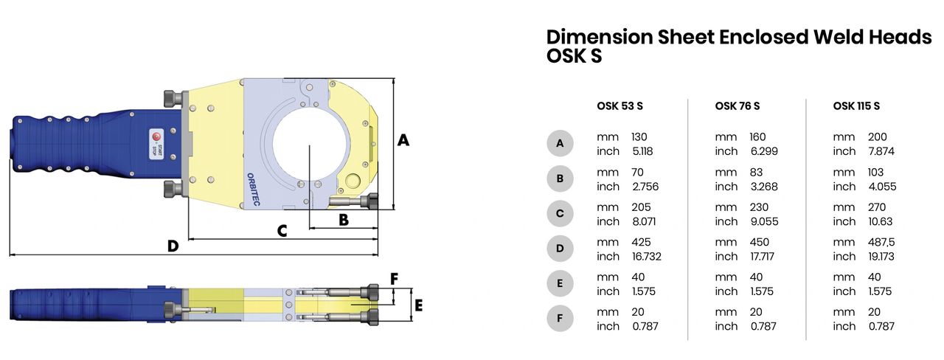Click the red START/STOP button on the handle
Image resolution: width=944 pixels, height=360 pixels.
pyautogui.click(x=156, y=137)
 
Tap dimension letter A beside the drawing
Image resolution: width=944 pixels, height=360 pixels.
pyautogui.click(x=403, y=139)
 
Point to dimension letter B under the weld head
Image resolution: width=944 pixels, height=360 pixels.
pyautogui.click(x=343, y=219)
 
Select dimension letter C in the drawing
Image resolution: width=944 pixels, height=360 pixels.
pyautogui.click(x=281, y=230)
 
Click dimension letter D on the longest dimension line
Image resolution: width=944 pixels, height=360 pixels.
pyautogui.click(x=173, y=246)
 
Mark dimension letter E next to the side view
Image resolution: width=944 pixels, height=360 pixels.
pyautogui.click(x=418, y=305)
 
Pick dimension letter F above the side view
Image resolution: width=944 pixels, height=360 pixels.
pyautogui.click(x=394, y=279)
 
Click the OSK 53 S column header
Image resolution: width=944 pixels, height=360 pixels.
pyautogui.click(x=619, y=106)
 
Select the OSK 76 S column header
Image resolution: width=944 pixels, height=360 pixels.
pyautogui.click(x=737, y=106)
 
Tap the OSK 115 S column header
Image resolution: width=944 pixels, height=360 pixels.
pyautogui.click(x=856, y=106)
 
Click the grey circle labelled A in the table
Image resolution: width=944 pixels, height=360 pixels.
pyautogui.click(x=560, y=143)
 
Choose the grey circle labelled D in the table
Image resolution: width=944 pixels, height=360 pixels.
pyautogui.click(x=560, y=249)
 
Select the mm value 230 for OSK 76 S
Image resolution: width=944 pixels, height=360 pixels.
pyautogui.click(x=760, y=207)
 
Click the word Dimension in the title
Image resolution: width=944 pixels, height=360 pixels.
pyautogui.click(x=603, y=38)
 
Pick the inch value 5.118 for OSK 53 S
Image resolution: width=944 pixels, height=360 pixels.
pyautogui.click(x=642, y=151)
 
